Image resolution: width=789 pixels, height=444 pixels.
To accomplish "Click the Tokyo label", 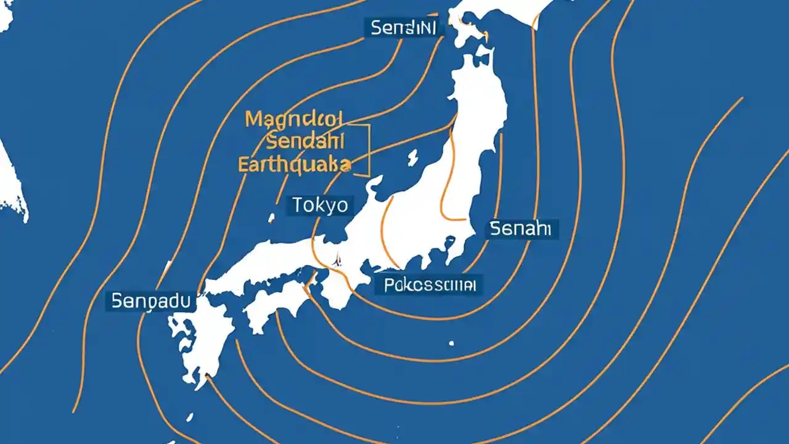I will pyautogui.click(x=321, y=205).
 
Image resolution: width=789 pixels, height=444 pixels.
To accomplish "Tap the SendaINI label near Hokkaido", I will pyautogui.click(x=404, y=28).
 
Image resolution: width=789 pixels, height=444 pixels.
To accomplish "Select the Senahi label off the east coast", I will pyautogui.click(x=523, y=229).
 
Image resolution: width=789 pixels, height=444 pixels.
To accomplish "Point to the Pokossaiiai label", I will pyautogui.click(x=429, y=285).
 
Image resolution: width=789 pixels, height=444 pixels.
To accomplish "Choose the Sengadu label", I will pyautogui.click(x=151, y=301).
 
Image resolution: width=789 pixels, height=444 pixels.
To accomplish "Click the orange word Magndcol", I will pyautogui.click(x=296, y=119).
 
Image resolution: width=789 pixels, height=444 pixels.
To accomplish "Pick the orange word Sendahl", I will pyautogui.click(x=305, y=142).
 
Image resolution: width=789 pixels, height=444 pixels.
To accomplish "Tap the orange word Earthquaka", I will pyautogui.click(x=295, y=164).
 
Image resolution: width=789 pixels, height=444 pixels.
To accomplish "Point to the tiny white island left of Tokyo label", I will pyautogui.click(x=271, y=218).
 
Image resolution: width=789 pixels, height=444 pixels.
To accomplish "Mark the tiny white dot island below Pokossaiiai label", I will pyautogui.click(x=451, y=343).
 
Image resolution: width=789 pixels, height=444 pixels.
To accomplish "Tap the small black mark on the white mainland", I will pyautogui.click(x=337, y=261).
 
